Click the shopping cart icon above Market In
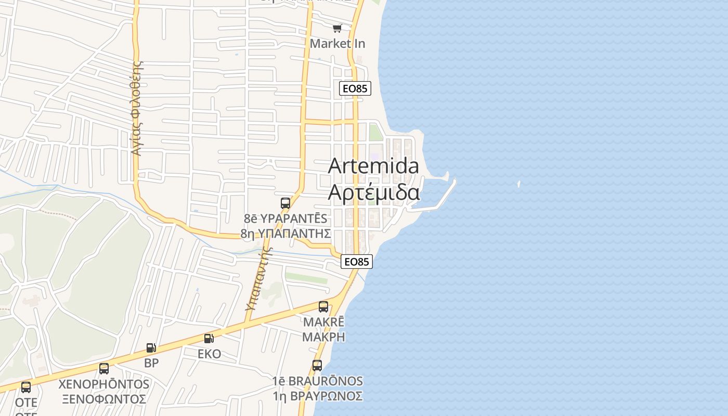point(337,28)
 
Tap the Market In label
point(337,44)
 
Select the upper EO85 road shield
point(355,88)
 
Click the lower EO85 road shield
point(357,262)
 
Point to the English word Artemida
point(373,166)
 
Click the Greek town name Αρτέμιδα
point(373,192)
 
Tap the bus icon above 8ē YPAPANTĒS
point(285,203)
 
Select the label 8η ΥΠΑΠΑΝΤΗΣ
point(285,233)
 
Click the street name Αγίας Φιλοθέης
point(137,108)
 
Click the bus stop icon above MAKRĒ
point(323,307)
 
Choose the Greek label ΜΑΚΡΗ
point(323,336)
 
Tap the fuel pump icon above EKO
point(209,339)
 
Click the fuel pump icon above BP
point(151,348)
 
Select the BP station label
point(151,363)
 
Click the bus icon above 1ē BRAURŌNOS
point(317,366)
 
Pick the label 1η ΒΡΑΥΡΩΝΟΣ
point(317,396)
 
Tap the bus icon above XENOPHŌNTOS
point(104,369)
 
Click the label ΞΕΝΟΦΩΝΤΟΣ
point(104,399)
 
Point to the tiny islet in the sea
point(519,184)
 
